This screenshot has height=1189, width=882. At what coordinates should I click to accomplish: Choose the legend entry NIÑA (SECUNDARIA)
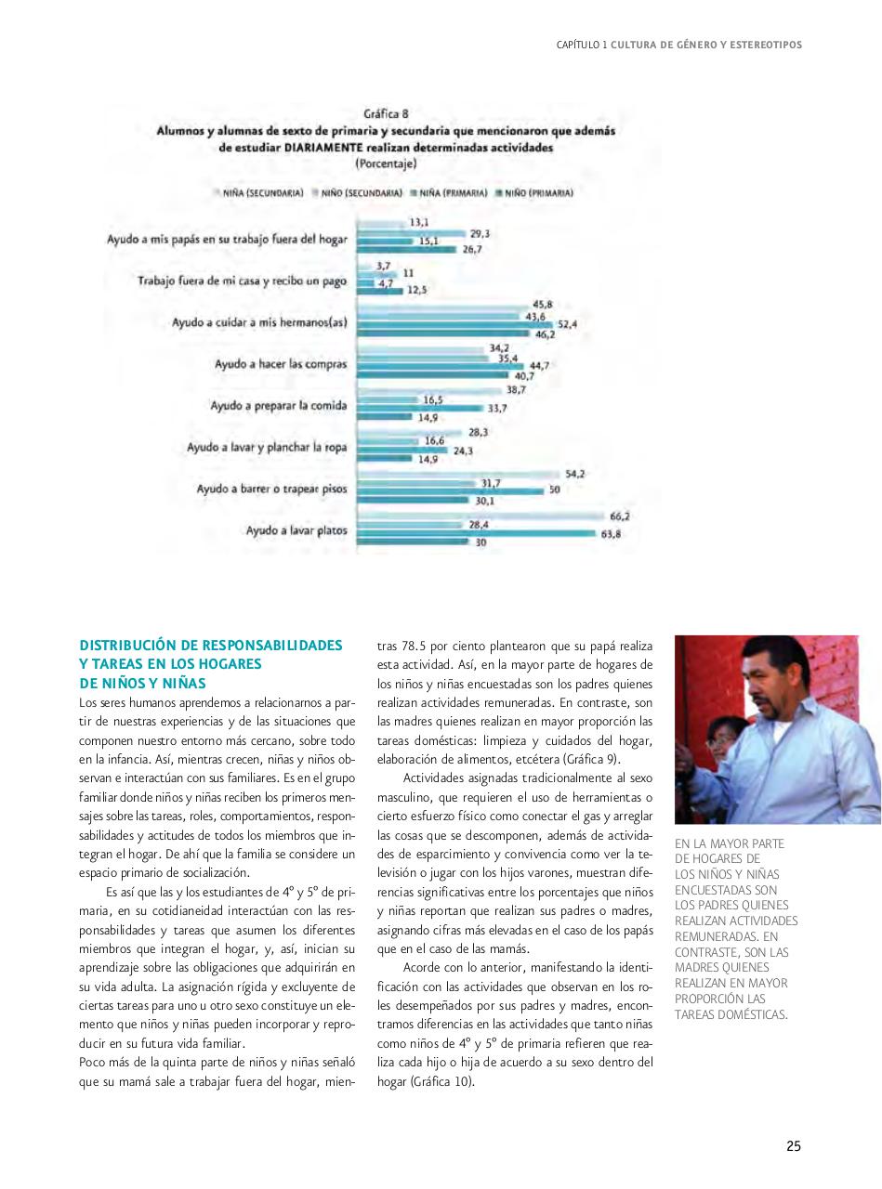coord(259,193)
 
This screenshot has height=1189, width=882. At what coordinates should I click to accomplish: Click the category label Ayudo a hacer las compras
coord(281,364)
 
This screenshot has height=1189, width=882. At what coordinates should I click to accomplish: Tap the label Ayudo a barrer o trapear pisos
coord(271,489)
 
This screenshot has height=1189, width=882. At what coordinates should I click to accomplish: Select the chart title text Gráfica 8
coord(386,114)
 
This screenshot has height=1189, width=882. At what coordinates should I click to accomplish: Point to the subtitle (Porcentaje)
coord(386,163)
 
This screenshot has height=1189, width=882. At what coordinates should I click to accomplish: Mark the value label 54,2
coord(574,474)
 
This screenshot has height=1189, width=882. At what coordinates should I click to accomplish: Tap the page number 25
coord(793,1146)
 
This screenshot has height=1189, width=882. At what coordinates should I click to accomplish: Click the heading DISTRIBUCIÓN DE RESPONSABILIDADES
coord(211,645)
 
